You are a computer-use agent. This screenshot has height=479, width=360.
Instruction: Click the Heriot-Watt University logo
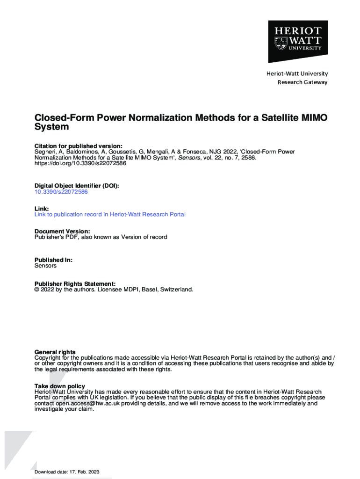click(x=297, y=41)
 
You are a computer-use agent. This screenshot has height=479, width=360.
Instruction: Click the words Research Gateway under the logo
click(x=302, y=82)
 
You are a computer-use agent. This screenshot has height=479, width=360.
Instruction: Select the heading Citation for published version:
click(x=79, y=146)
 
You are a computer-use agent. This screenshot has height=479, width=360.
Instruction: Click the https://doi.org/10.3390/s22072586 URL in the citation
click(x=80, y=164)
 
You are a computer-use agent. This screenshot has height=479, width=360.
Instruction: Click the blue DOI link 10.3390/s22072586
click(x=61, y=192)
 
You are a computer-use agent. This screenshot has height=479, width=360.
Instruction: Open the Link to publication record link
click(x=110, y=214)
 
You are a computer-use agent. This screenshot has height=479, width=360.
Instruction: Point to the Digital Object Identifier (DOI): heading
click(x=77, y=186)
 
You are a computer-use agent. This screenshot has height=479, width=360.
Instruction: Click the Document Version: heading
click(x=62, y=231)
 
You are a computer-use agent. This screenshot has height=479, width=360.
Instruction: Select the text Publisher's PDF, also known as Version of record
click(x=101, y=237)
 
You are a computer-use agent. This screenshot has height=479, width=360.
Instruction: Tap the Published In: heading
click(x=53, y=260)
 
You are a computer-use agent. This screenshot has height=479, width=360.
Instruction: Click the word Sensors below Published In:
click(x=45, y=266)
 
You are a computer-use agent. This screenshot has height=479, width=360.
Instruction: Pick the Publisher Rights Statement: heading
click(x=75, y=283)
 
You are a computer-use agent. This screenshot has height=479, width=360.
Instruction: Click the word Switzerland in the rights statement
click(x=176, y=290)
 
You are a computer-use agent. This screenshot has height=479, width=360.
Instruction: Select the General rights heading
click(x=55, y=352)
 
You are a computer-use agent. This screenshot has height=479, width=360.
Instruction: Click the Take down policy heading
click(x=60, y=386)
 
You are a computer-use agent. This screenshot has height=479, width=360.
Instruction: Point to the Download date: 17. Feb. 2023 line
click(x=67, y=472)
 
